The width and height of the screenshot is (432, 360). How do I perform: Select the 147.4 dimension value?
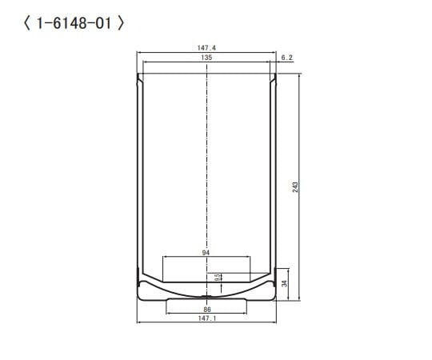tap(207, 48)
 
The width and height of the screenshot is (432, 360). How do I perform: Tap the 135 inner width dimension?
tap(206, 58)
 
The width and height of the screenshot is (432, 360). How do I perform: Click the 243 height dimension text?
tap(295, 186)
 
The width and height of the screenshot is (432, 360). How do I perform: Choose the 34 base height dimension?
tap(286, 284)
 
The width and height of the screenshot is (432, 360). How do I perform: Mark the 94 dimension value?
tap(206, 253)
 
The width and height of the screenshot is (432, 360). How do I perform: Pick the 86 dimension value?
tap(206, 309)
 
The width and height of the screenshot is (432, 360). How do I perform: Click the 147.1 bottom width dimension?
tap(207, 318)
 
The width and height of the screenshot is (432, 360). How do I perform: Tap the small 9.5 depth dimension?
tap(218, 277)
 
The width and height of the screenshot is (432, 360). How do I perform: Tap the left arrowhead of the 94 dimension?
tap(164, 258)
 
